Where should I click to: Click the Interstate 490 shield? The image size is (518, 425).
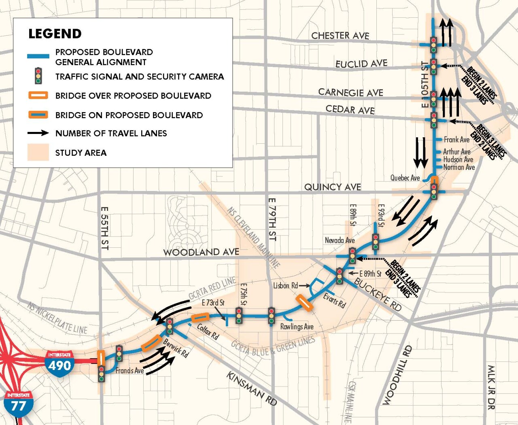point(59,363)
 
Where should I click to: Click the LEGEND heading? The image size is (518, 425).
point(55,34)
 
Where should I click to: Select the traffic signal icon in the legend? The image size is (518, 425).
point(38,76)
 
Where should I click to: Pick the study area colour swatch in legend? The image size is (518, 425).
point(38,153)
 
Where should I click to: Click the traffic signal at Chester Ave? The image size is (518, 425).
point(433,45)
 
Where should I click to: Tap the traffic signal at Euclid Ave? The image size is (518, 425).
point(433,67)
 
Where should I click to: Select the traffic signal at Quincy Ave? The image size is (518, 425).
point(434,191)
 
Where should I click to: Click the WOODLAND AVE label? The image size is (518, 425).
point(201,252)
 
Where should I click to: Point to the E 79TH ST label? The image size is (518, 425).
point(272,219)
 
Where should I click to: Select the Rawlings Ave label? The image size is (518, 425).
point(297,327)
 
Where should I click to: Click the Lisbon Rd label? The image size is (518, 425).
point(285,286)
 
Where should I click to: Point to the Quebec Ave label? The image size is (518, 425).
point(405,178)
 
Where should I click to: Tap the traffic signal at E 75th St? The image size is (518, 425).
point(239,315)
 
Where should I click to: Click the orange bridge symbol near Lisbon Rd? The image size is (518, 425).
point(304,303)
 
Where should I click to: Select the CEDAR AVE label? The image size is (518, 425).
point(350,109)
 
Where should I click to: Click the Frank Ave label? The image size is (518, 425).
point(456,140)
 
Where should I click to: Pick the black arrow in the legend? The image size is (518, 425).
point(38,133)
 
